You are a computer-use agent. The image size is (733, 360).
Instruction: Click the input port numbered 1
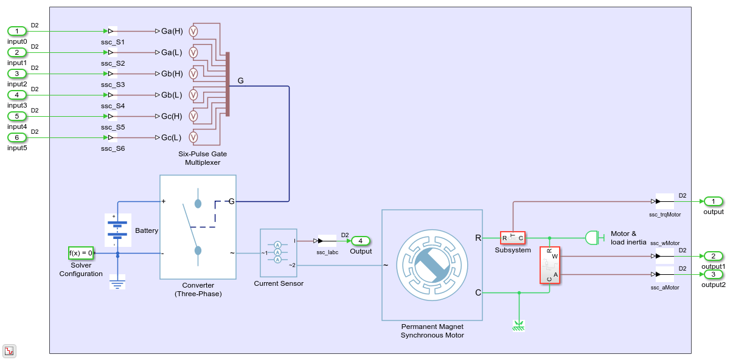click(x=17, y=31)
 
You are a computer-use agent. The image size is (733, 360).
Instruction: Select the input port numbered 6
click(x=17, y=137)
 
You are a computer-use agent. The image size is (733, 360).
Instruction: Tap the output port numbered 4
click(x=360, y=241)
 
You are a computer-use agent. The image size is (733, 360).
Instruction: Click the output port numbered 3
click(x=713, y=274)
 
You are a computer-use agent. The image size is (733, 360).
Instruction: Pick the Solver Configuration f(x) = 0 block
click(x=81, y=253)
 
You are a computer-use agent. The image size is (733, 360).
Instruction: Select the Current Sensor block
click(x=278, y=252)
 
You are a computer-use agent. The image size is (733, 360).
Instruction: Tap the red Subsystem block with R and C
click(x=512, y=238)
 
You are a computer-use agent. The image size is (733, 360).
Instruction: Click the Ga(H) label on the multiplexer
click(x=172, y=31)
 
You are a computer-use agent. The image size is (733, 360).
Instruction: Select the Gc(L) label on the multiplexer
click(x=172, y=137)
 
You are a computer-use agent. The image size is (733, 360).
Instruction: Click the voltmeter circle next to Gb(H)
click(x=193, y=74)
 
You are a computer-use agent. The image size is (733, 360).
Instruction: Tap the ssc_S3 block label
click(x=113, y=85)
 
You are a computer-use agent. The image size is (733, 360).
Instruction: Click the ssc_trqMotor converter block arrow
click(x=660, y=201)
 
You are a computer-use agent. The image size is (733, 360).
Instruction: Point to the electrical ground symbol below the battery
click(x=117, y=282)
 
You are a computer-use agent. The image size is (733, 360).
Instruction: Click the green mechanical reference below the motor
click(x=518, y=325)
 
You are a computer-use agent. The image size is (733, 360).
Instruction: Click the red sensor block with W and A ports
click(x=549, y=265)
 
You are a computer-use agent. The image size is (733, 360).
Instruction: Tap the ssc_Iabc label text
click(x=327, y=252)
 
